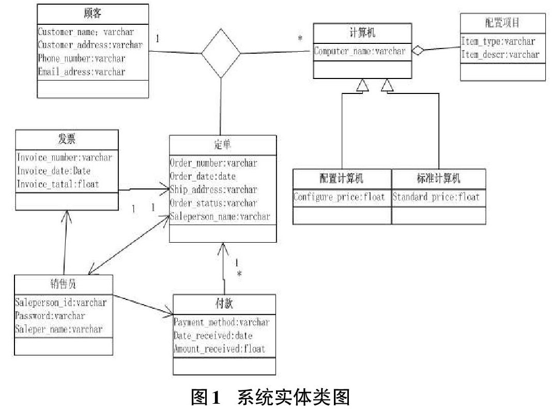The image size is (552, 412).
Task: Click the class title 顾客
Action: pos(93,13)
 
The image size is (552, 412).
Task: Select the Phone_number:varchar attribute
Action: pos(82,58)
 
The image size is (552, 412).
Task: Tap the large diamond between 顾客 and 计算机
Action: pos(221,53)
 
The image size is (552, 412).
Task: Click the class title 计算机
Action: pos(362,33)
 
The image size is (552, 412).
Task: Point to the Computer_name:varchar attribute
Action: pos(359,51)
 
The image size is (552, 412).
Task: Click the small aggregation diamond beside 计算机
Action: pos(418,50)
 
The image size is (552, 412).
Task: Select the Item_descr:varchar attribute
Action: pos(500,55)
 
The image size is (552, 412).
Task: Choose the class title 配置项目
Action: pos(502,23)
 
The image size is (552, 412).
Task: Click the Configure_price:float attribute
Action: pos(339,197)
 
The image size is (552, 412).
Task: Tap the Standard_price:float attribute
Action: pos(436,197)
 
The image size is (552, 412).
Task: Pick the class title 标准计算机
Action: pos(438,178)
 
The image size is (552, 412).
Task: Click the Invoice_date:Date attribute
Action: pos(54,171)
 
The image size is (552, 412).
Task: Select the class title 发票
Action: pos(67,139)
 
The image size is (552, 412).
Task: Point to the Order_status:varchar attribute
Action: pos(213,203)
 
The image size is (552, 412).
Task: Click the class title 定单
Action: pos(222,145)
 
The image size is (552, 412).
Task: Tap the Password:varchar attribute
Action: pos(50,315)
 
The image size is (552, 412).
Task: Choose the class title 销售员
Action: pos(64,283)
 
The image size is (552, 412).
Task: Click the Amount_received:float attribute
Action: pos(219,348)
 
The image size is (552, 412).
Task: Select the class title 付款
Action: pos(224,304)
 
